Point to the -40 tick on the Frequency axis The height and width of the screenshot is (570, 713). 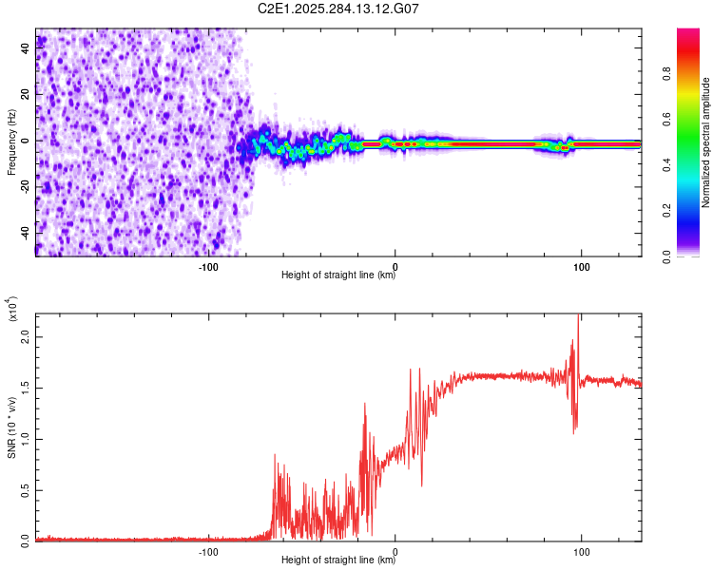[x=26, y=233]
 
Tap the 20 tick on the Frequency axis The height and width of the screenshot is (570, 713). [x=26, y=94]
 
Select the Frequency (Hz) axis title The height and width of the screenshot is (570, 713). [x=11, y=141]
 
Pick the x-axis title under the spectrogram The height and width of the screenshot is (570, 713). [x=338, y=275]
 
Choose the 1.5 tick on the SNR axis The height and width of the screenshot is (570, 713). [x=26, y=389]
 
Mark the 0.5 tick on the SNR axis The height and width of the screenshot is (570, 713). [x=26, y=489]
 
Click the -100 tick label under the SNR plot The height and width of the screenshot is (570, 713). [x=209, y=551]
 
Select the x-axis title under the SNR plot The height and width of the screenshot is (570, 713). [x=338, y=560]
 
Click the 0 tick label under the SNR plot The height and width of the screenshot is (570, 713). [x=395, y=551]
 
